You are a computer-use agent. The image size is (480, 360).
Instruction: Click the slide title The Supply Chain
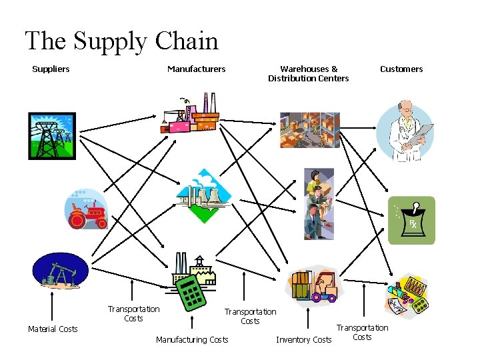coord(121,41)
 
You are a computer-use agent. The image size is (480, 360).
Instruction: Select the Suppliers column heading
coord(51,69)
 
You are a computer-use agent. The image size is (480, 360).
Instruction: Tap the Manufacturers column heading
coord(196,69)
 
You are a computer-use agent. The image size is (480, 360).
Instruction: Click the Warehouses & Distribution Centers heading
coord(308,73)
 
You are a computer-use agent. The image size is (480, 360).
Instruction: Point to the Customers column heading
coord(401,69)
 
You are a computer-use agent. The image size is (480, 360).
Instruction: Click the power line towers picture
coord(52,136)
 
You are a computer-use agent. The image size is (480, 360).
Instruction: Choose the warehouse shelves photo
coord(309,130)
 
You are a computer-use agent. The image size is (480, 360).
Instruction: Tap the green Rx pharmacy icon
coord(412,219)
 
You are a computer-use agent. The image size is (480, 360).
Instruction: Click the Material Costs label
coord(53,329)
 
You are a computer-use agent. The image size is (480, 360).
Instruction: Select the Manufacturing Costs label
coord(192,340)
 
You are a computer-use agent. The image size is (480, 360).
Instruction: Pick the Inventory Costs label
coord(303,340)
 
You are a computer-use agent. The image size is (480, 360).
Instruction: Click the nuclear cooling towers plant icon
coord(203,196)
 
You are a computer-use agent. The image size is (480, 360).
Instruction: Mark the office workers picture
coord(319,203)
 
